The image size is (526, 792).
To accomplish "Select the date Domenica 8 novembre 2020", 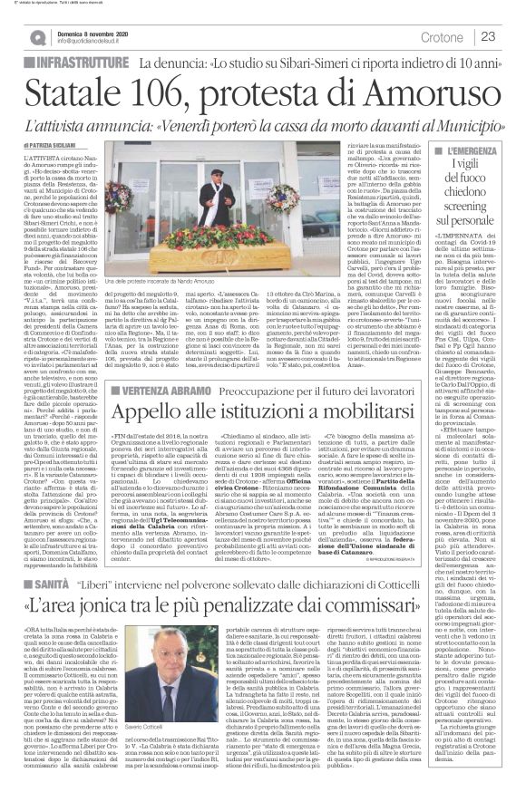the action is tap(90, 30).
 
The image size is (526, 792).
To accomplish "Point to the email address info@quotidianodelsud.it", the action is tap(94, 42).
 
